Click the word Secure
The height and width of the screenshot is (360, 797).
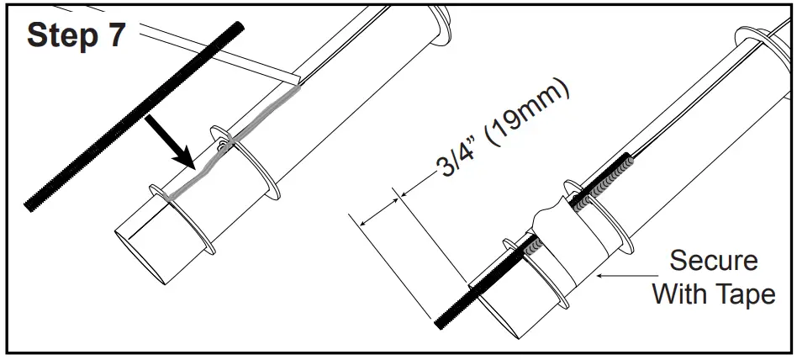pyautogui.click(x=713, y=261)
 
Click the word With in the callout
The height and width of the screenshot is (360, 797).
pyautogui.click(x=682, y=294)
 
